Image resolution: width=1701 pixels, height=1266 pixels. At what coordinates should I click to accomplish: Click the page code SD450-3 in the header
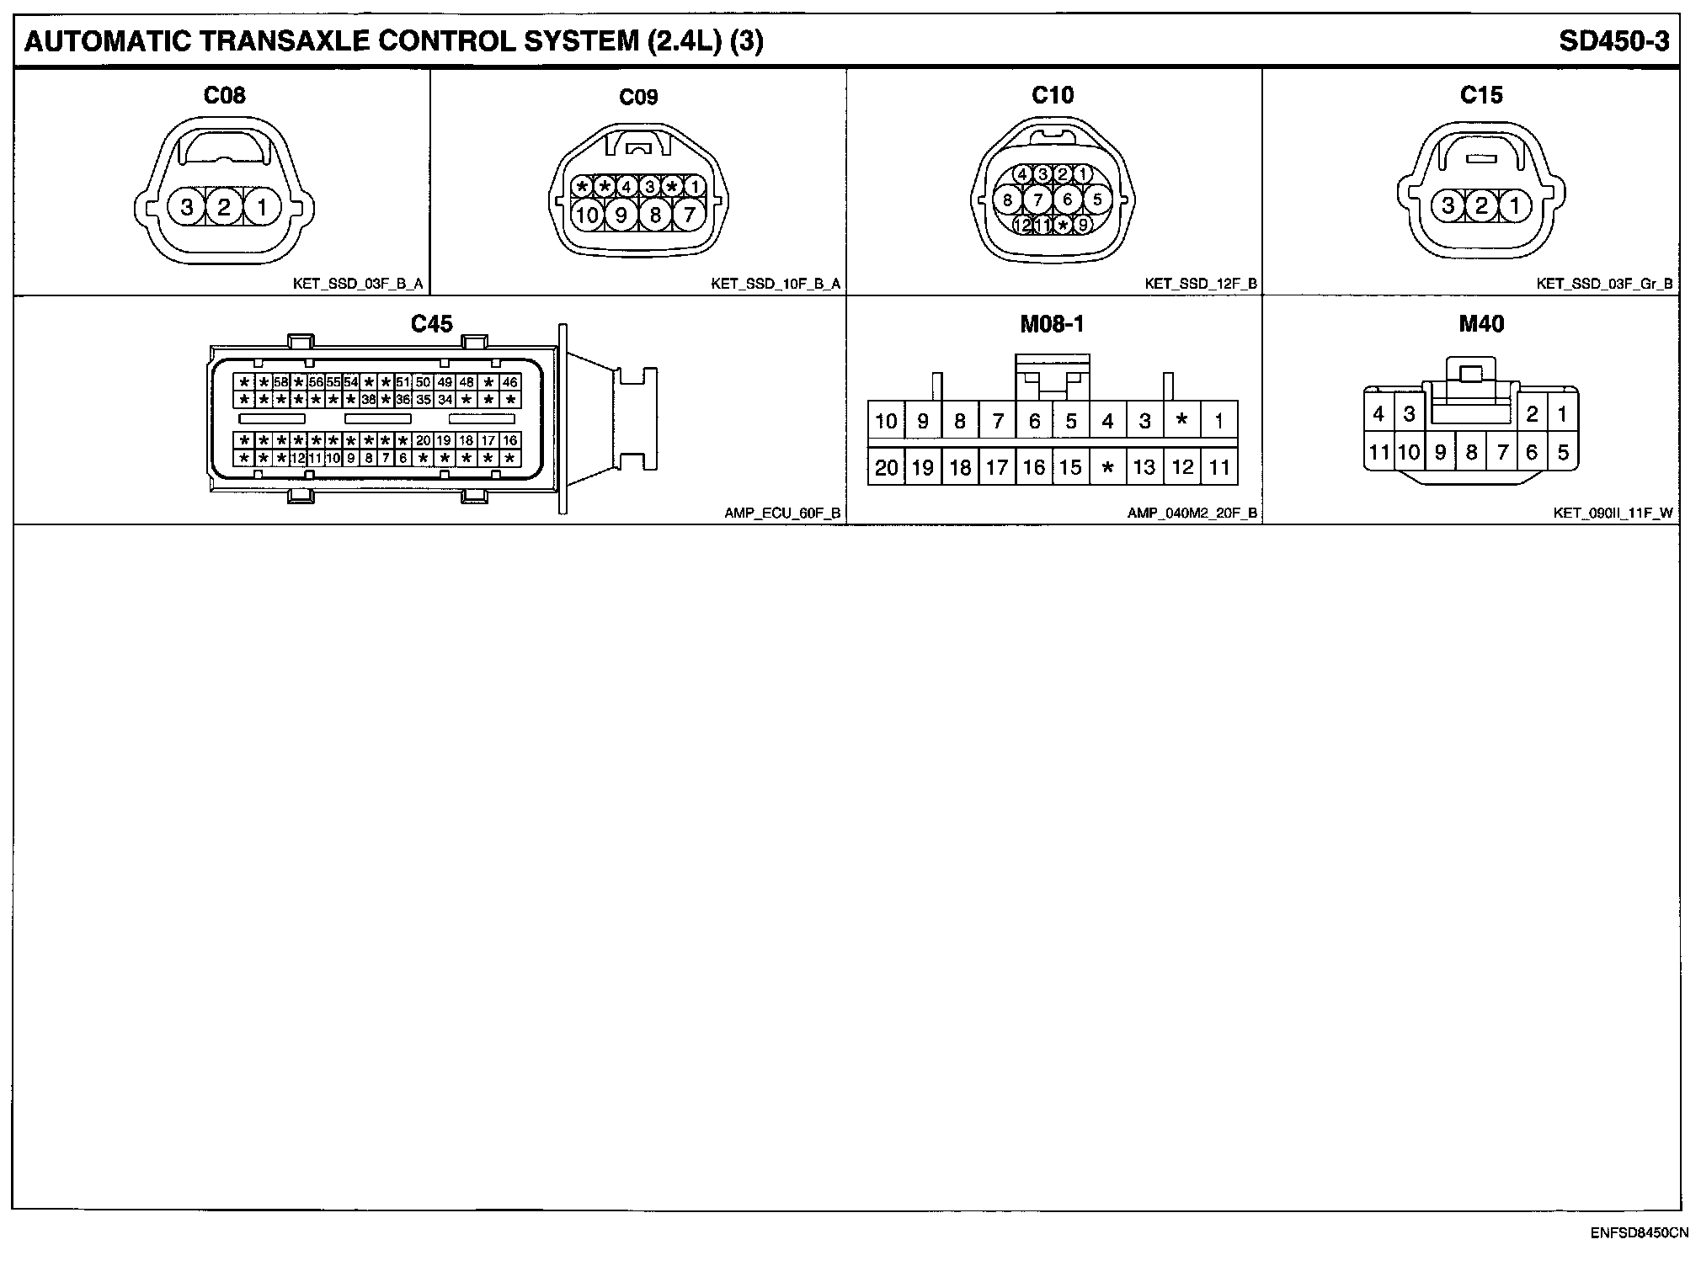pyautogui.click(x=1613, y=41)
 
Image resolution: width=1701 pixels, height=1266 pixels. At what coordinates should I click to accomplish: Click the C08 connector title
pyautogui.click(x=224, y=95)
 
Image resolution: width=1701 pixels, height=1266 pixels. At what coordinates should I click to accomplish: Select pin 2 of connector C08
pyautogui.click(x=224, y=206)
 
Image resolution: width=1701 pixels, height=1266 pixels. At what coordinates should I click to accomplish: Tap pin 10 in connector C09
pyautogui.click(x=587, y=215)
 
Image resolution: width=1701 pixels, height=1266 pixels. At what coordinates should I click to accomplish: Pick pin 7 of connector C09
pyautogui.click(x=689, y=215)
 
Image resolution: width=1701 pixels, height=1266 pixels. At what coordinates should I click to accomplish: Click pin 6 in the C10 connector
pyautogui.click(x=1068, y=199)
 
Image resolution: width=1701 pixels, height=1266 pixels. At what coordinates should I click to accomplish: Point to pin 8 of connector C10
pyautogui.click(x=1008, y=200)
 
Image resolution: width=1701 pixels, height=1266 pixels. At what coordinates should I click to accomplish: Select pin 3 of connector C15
pyautogui.click(x=1448, y=205)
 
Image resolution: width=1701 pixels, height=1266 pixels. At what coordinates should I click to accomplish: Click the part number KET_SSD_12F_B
pyautogui.click(x=1200, y=284)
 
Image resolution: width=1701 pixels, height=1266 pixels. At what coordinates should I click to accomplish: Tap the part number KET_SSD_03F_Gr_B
pyautogui.click(x=1604, y=284)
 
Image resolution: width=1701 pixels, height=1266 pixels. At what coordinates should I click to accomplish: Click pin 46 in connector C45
pyautogui.click(x=509, y=382)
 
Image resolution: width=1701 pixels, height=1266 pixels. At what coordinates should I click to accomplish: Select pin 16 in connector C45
pyautogui.click(x=509, y=440)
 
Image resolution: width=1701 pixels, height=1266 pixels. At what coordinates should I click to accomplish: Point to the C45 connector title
pyautogui.click(x=431, y=324)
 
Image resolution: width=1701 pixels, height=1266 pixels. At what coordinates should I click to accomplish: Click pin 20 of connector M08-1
pyautogui.click(x=886, y=467)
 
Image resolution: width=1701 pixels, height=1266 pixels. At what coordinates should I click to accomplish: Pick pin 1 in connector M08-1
pyautogui.click(x=1218, y=420)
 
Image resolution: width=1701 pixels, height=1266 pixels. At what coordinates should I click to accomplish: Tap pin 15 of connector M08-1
pyautogui.click(x=1070, y=467)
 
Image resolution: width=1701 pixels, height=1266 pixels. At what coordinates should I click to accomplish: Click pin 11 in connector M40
pyautogui.click(x=1378, y=453)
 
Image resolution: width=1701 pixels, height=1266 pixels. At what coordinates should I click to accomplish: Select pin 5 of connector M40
pyautogui.click(x=1563, y=453)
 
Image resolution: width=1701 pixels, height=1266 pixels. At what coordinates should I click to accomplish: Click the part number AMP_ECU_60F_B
pyautogui.click(x=782, y=513)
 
